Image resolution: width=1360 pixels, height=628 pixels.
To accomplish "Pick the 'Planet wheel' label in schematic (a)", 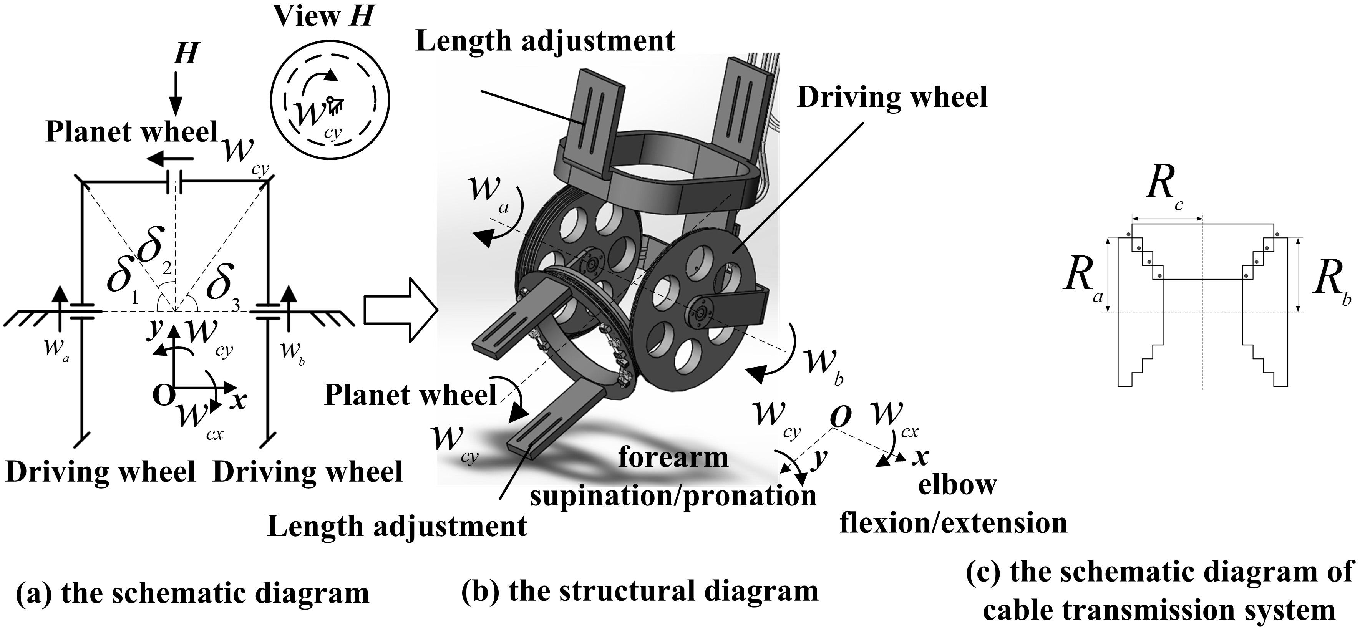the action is point(132,132).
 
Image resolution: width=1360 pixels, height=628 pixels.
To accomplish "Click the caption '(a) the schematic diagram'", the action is point(193,593).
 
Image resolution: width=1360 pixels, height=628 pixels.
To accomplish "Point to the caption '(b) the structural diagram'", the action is point(640,591).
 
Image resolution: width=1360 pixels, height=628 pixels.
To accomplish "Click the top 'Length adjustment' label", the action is point(546,41).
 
